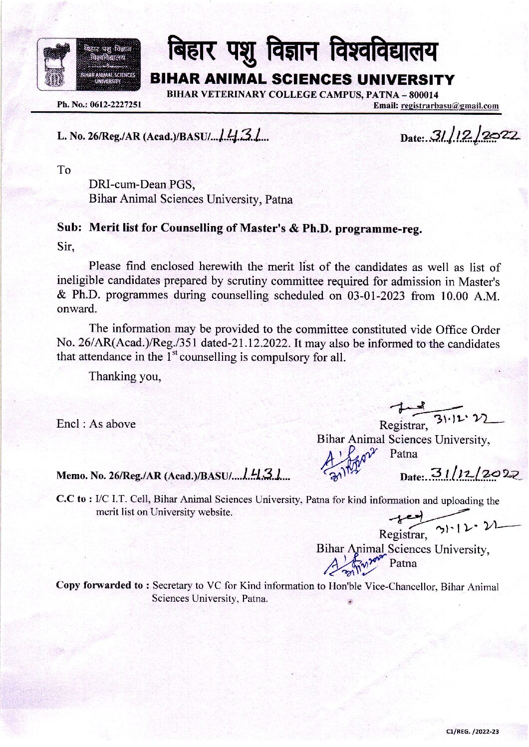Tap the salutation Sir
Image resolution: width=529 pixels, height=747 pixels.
65,247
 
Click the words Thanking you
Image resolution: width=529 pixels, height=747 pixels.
125,376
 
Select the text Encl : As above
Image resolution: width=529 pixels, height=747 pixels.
96,424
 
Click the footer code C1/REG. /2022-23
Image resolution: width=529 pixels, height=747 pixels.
473,732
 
